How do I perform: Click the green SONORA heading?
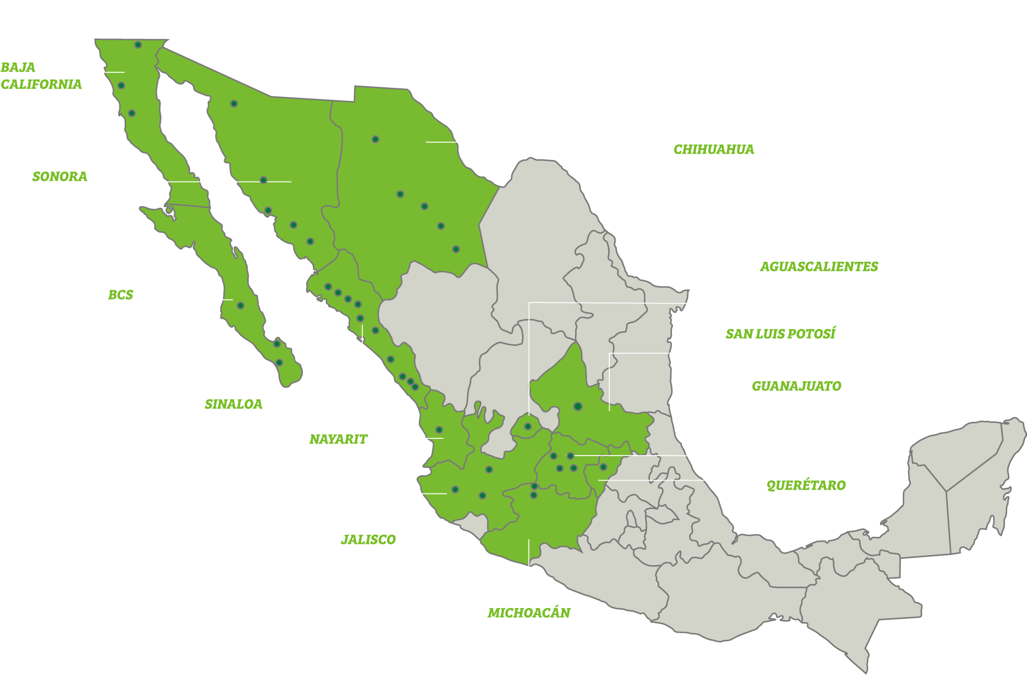[59, 177]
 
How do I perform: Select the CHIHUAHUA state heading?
[714, 149]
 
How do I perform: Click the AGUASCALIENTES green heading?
[818, 267]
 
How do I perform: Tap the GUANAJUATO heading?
[796, 386]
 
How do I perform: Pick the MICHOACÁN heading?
[528, 613]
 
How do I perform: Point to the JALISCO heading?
[368, 540]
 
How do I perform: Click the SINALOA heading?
[233, 404]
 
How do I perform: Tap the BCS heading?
[120, 295]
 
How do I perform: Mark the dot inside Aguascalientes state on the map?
[527, 427]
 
